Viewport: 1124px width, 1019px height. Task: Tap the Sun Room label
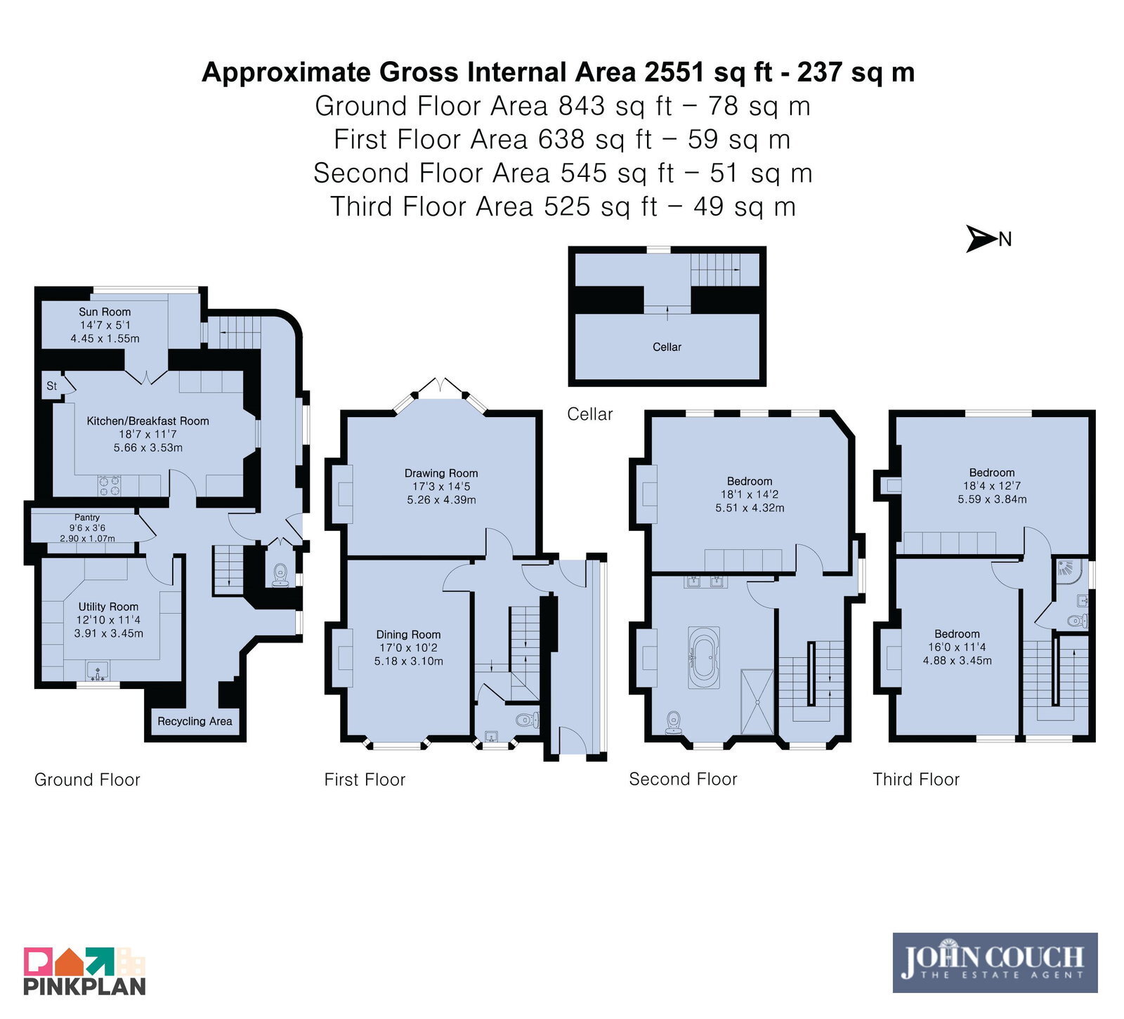point(105,312)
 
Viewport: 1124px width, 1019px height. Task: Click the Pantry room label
point(87,518)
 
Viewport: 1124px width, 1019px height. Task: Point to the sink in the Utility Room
point(98,671)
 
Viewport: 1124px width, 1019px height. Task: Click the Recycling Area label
point(195,721)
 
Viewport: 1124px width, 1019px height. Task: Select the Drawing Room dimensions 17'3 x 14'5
point(441,487)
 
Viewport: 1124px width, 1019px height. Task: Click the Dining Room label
point(408,634)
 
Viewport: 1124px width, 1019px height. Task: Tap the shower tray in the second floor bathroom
point(757,702)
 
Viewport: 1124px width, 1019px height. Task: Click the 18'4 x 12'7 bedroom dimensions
point(992,486)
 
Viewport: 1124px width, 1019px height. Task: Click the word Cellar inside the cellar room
point(667,347)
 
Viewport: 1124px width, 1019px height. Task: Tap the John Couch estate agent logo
point(995,962)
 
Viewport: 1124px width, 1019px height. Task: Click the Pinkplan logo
point(84,971)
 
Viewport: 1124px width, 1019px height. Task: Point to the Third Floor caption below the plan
point(916,780)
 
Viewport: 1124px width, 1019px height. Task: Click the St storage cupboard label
point(52,386)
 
